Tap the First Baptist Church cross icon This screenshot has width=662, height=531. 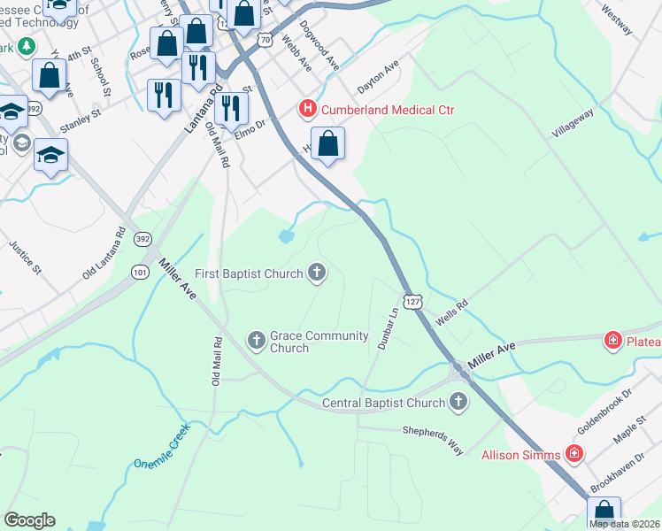(316, 273)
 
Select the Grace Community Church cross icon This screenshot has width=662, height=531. (256, 340)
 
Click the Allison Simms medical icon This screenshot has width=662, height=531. (573, 455)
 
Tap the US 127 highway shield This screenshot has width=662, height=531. (412, 301)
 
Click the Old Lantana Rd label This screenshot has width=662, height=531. (105, 253)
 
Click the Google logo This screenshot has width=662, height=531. (29, 520)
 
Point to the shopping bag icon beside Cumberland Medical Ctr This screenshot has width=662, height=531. (328, 144)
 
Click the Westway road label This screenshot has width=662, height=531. (617, 18)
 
